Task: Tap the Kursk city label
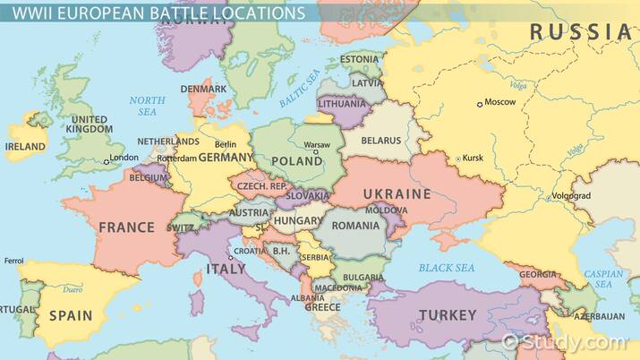click(x=473, y=159)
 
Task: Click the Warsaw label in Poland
click(x=317, y=144)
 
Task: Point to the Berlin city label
click(x=226, y=144)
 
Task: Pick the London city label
click(x=124, y=159)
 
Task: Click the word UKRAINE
click(x=397, y=193)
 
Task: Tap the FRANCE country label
click(x=126, y=227)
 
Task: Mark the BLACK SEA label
click(x=447, y=268)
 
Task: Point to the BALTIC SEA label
click(x=299, y=94)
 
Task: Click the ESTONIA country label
click(x=359, y=60)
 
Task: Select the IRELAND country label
click(x=25, y=146)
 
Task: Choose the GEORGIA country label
click(x=538, y=274)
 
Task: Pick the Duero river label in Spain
click(x=73, y=289)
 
